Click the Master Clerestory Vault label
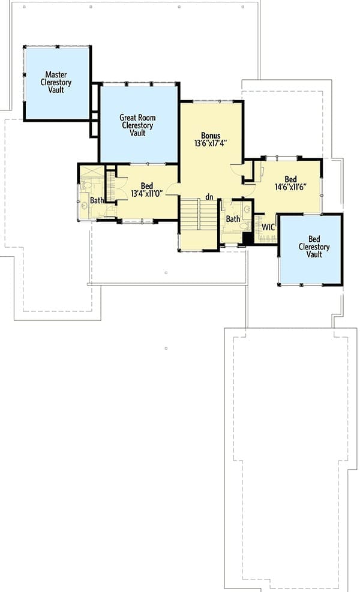(56, 82)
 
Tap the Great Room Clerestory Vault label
(137, 125)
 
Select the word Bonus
(211, 136)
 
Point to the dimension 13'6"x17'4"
(211, 143)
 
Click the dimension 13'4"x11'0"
(146, 194)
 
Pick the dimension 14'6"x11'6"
(290, 187)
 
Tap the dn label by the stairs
(209, 197)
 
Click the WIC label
(268, 227)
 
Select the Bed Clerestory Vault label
(314, 247)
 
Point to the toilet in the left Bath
(86, 185)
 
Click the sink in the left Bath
(84, 205)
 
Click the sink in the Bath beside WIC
(248, 209)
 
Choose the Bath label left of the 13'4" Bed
(97, 200)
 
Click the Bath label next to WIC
(233, 218)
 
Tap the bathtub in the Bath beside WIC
(232, 238)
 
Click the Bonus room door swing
(237, 169)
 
